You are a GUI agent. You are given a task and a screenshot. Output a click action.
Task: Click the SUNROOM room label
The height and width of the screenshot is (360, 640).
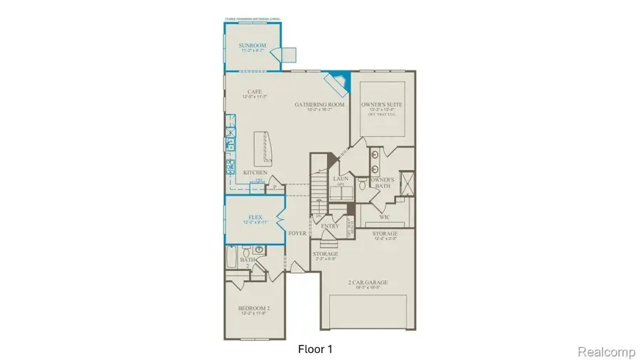(252, 46)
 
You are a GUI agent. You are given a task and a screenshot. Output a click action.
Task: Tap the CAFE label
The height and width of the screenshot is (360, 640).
(252, 92)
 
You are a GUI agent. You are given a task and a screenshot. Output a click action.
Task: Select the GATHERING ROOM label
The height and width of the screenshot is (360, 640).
(320, 105)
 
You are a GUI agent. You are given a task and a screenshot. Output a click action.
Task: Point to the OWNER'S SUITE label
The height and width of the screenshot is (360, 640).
(383, 105)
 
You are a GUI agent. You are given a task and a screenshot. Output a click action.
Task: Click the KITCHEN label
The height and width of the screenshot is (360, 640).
(255, 173)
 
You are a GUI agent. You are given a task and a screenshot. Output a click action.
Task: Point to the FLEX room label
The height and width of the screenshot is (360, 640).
(256, 218)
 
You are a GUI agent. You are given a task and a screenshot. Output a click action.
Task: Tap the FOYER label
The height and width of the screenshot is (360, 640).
(297, 233)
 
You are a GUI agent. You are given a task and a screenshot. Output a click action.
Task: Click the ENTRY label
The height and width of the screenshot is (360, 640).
(330, 226)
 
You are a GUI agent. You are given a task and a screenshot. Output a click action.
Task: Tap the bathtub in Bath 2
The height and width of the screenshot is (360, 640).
(233, 257)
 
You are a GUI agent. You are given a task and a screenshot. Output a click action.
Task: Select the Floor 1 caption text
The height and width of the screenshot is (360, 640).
(315, 349)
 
